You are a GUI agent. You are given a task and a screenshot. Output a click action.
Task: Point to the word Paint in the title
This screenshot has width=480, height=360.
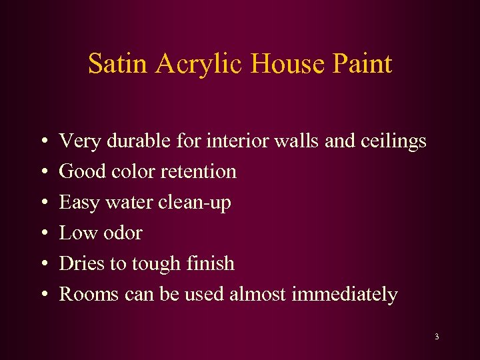click(361, 64)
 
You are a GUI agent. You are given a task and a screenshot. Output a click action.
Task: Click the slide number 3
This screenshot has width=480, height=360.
click(437, 337)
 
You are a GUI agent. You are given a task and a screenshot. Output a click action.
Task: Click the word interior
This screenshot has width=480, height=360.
click(237, 141)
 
